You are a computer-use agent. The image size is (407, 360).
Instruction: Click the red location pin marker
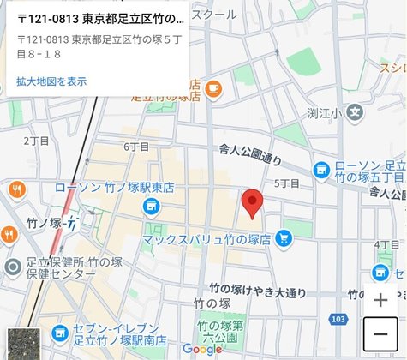[251, 204]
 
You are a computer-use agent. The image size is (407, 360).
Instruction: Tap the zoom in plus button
[380, 300]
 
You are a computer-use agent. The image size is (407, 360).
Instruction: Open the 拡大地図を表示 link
[51, 81]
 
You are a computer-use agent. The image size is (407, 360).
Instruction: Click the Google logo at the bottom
[202, 350]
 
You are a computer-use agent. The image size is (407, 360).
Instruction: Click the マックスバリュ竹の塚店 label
[206, 240]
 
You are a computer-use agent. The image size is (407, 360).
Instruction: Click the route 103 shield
[338, 319]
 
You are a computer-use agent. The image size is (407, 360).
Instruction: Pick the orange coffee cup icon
[212, 87]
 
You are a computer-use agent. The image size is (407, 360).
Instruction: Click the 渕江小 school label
[325, 112]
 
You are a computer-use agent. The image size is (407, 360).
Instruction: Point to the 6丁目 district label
[136, 147]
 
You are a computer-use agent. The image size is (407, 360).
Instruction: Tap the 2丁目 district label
[37, 141]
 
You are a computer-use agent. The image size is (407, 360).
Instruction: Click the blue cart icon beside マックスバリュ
[283, 239]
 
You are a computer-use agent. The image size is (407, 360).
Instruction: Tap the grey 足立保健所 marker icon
[12, 267]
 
